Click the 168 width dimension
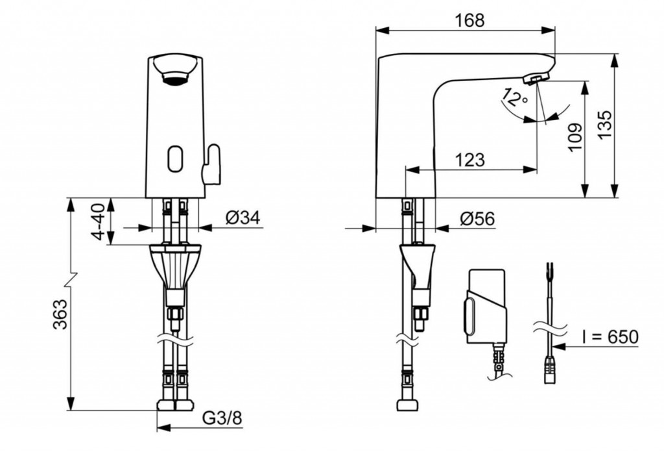coord(469,20)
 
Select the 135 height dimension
coord(605,124)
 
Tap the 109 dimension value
coord(575,137)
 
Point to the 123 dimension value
coord(469,160)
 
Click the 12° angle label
coord(514,98)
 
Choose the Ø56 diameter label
coord(477,219)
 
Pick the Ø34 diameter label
coord(243,218)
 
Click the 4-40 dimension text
coord(99,221)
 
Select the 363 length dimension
coord(60,314)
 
